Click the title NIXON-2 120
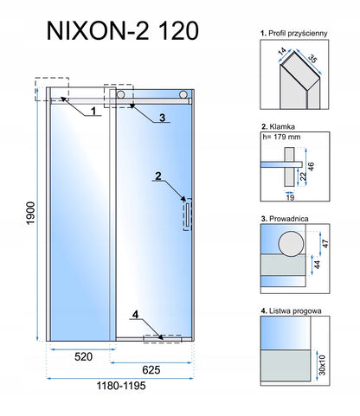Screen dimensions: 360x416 [x=122, y=31]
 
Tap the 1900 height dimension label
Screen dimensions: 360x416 [x=30, y=213]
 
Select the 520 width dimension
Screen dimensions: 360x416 [x=84, y=356]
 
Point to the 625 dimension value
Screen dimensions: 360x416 [x=151, y=370]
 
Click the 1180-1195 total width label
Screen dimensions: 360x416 [x=121, y=386]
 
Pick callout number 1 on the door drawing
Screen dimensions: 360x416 [x=93, y=111]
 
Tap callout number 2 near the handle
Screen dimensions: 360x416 [x=158, y=176]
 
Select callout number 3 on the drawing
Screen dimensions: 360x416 [x=162, y=118]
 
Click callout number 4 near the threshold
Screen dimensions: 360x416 [x=135, y=315]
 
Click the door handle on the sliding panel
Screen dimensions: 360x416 [x=188, y=214]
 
